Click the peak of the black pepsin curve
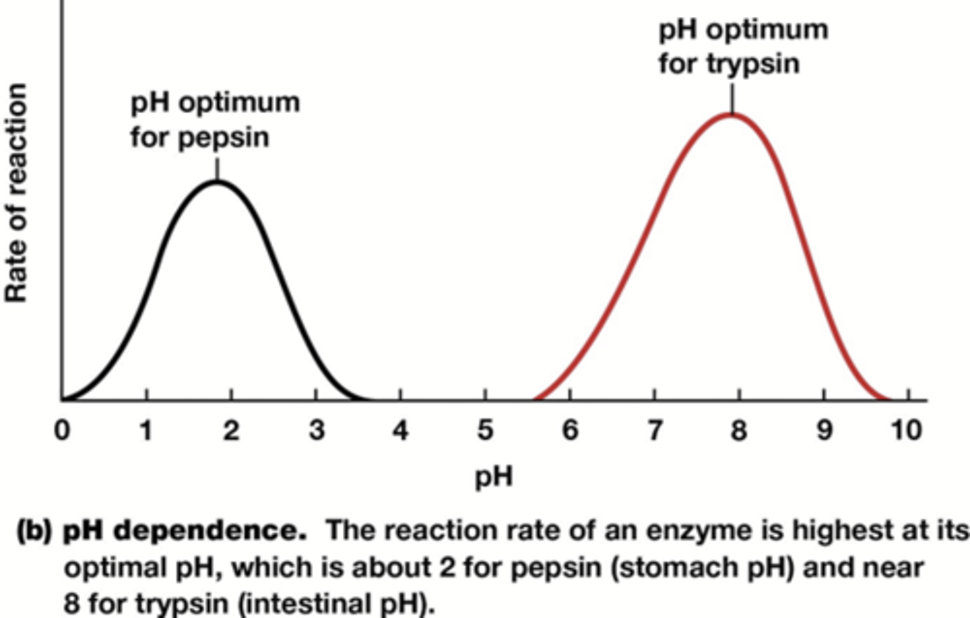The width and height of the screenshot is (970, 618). [x=217, y=182]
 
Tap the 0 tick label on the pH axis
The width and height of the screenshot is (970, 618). [x=62, y=430]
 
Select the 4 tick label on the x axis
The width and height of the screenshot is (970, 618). [x=401, y=430]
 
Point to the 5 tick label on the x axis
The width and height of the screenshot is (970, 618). [x=485, y=430]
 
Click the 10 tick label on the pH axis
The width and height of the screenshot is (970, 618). [x=906, y=430]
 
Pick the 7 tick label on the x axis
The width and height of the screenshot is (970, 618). [x=654, y=430]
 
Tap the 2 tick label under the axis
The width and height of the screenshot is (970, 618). [x=231, y=430]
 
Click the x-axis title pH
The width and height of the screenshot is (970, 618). [x=494, y=477]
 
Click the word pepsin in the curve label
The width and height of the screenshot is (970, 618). [x=224, y=138]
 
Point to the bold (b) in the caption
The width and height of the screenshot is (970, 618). [x=34, y=531]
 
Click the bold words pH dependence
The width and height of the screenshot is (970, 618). [x=185, y=531]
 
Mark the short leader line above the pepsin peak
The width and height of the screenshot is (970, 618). [x=217, y=168]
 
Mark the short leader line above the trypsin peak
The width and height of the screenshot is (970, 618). [x=732, y=100]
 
